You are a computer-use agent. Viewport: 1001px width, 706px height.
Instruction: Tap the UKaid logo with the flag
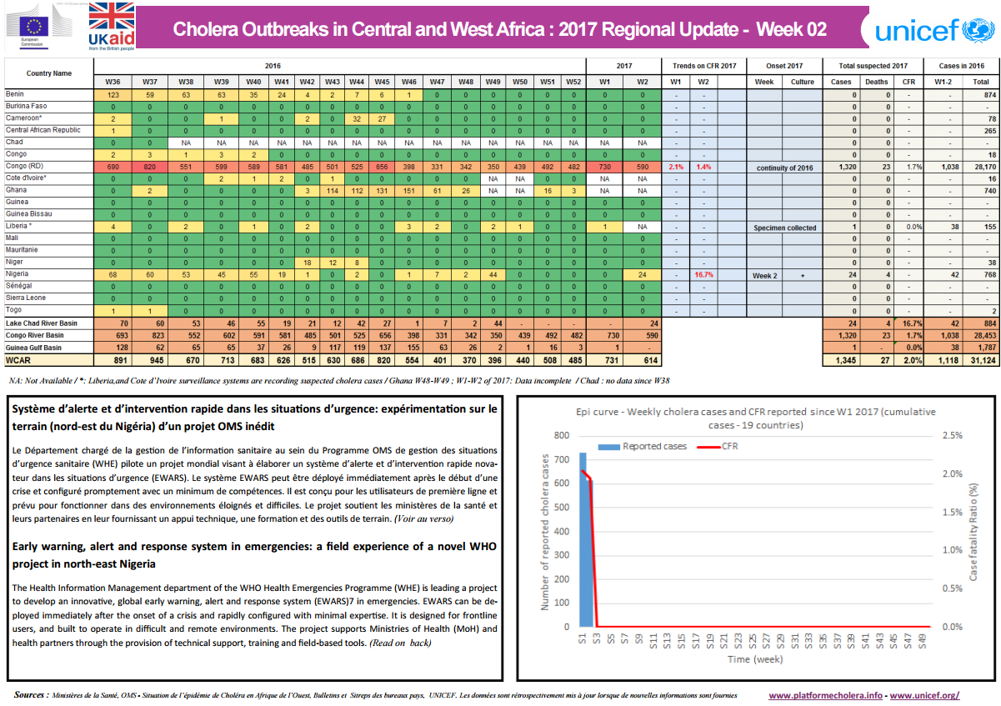pyautogui.click(x=111, y=27)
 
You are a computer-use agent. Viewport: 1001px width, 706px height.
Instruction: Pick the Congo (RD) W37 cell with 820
pyautogui.click(x=149, y=167)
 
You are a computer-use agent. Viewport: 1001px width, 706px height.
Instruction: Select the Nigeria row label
pyautogui.click(x=18, y=273)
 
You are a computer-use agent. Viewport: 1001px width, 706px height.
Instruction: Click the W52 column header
pyautogui.click(x=573, y=82)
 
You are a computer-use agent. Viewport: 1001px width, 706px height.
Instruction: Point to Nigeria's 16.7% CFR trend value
pyautogui.click(x=703, y=274)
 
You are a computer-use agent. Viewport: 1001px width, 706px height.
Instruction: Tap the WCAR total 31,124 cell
pyautogui.click(x=980, y=360)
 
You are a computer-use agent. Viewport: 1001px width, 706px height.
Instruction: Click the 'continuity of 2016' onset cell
pyautogui.click(x=784, y=167)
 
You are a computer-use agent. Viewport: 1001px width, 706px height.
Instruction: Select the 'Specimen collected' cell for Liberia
pyautogui.click(x=784, y=227)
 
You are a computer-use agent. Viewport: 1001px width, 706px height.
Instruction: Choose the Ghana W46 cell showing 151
pyautogui.click(x=408, y=190)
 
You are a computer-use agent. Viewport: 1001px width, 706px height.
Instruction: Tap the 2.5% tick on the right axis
pyautogui.click(x=953, y=435)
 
